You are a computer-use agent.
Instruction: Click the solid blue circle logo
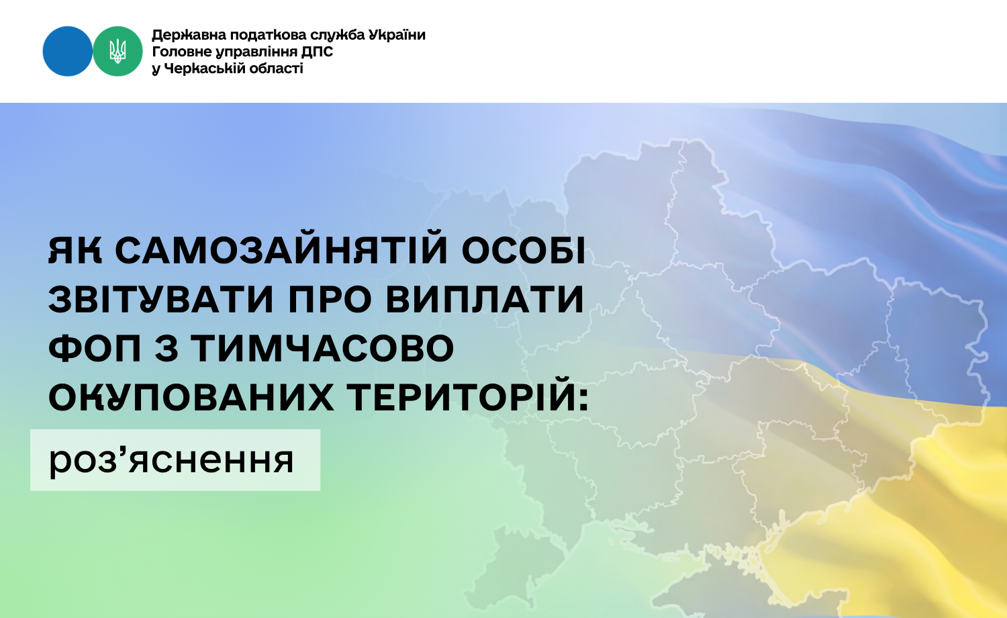pos(67,51)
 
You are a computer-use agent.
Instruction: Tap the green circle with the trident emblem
pos(117,51)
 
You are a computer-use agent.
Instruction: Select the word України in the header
pos(397,35)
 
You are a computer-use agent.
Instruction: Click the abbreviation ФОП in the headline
pos(95,348)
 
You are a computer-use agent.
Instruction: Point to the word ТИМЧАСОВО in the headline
pos(322,348)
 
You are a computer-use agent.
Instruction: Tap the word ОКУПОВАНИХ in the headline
pos(191,398)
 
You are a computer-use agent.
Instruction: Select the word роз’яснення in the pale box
pos(171,461)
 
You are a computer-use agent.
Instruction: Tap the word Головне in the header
pos(182,52)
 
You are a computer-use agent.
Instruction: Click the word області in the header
pos(281,69)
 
